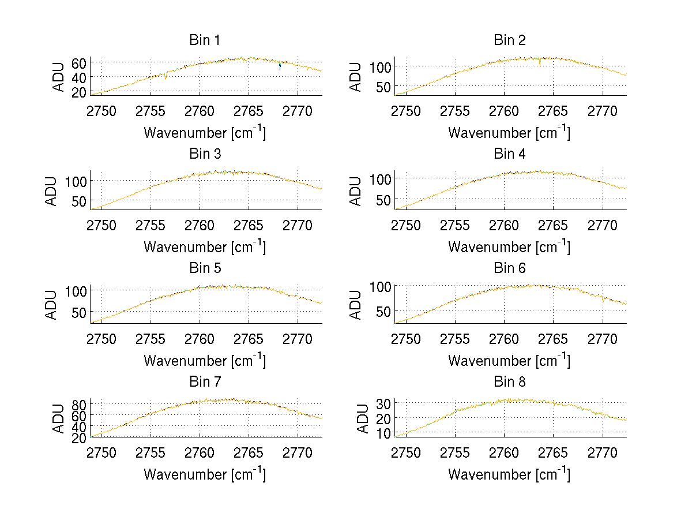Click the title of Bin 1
[205, 40]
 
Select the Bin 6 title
[510, 268]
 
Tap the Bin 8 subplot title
[510, 382]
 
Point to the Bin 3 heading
[205, 154]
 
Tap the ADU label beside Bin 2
[356, 76]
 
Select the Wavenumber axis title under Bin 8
[509, 474]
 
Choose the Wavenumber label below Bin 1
[205, 132]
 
